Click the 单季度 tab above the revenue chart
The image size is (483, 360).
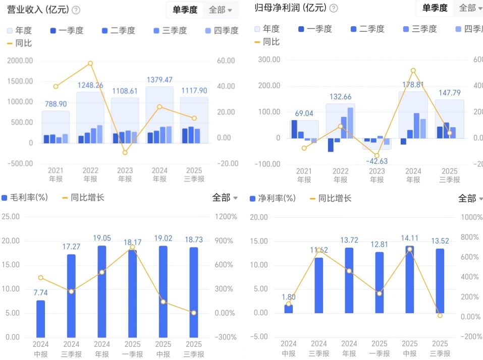pos(185,10)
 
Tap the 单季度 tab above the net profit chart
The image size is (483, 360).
pos(435,8)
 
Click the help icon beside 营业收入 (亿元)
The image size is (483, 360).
pos(76,10)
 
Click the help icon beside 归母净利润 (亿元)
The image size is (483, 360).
pos(334,8)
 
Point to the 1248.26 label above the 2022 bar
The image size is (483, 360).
pos(90,85)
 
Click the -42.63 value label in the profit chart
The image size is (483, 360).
pos(377,161)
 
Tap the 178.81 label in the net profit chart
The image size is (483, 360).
pos(413,85)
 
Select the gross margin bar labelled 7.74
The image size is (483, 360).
pos(40,319)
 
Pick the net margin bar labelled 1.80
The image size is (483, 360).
pos(288,309)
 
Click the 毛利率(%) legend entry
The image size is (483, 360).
pos(25,198)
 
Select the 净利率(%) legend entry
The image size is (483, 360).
pos(273,198)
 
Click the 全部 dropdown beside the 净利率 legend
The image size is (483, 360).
pos(470,198)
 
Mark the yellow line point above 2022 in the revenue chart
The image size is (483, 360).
pos(90,63)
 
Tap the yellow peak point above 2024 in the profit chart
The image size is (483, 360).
pos(413,71)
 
